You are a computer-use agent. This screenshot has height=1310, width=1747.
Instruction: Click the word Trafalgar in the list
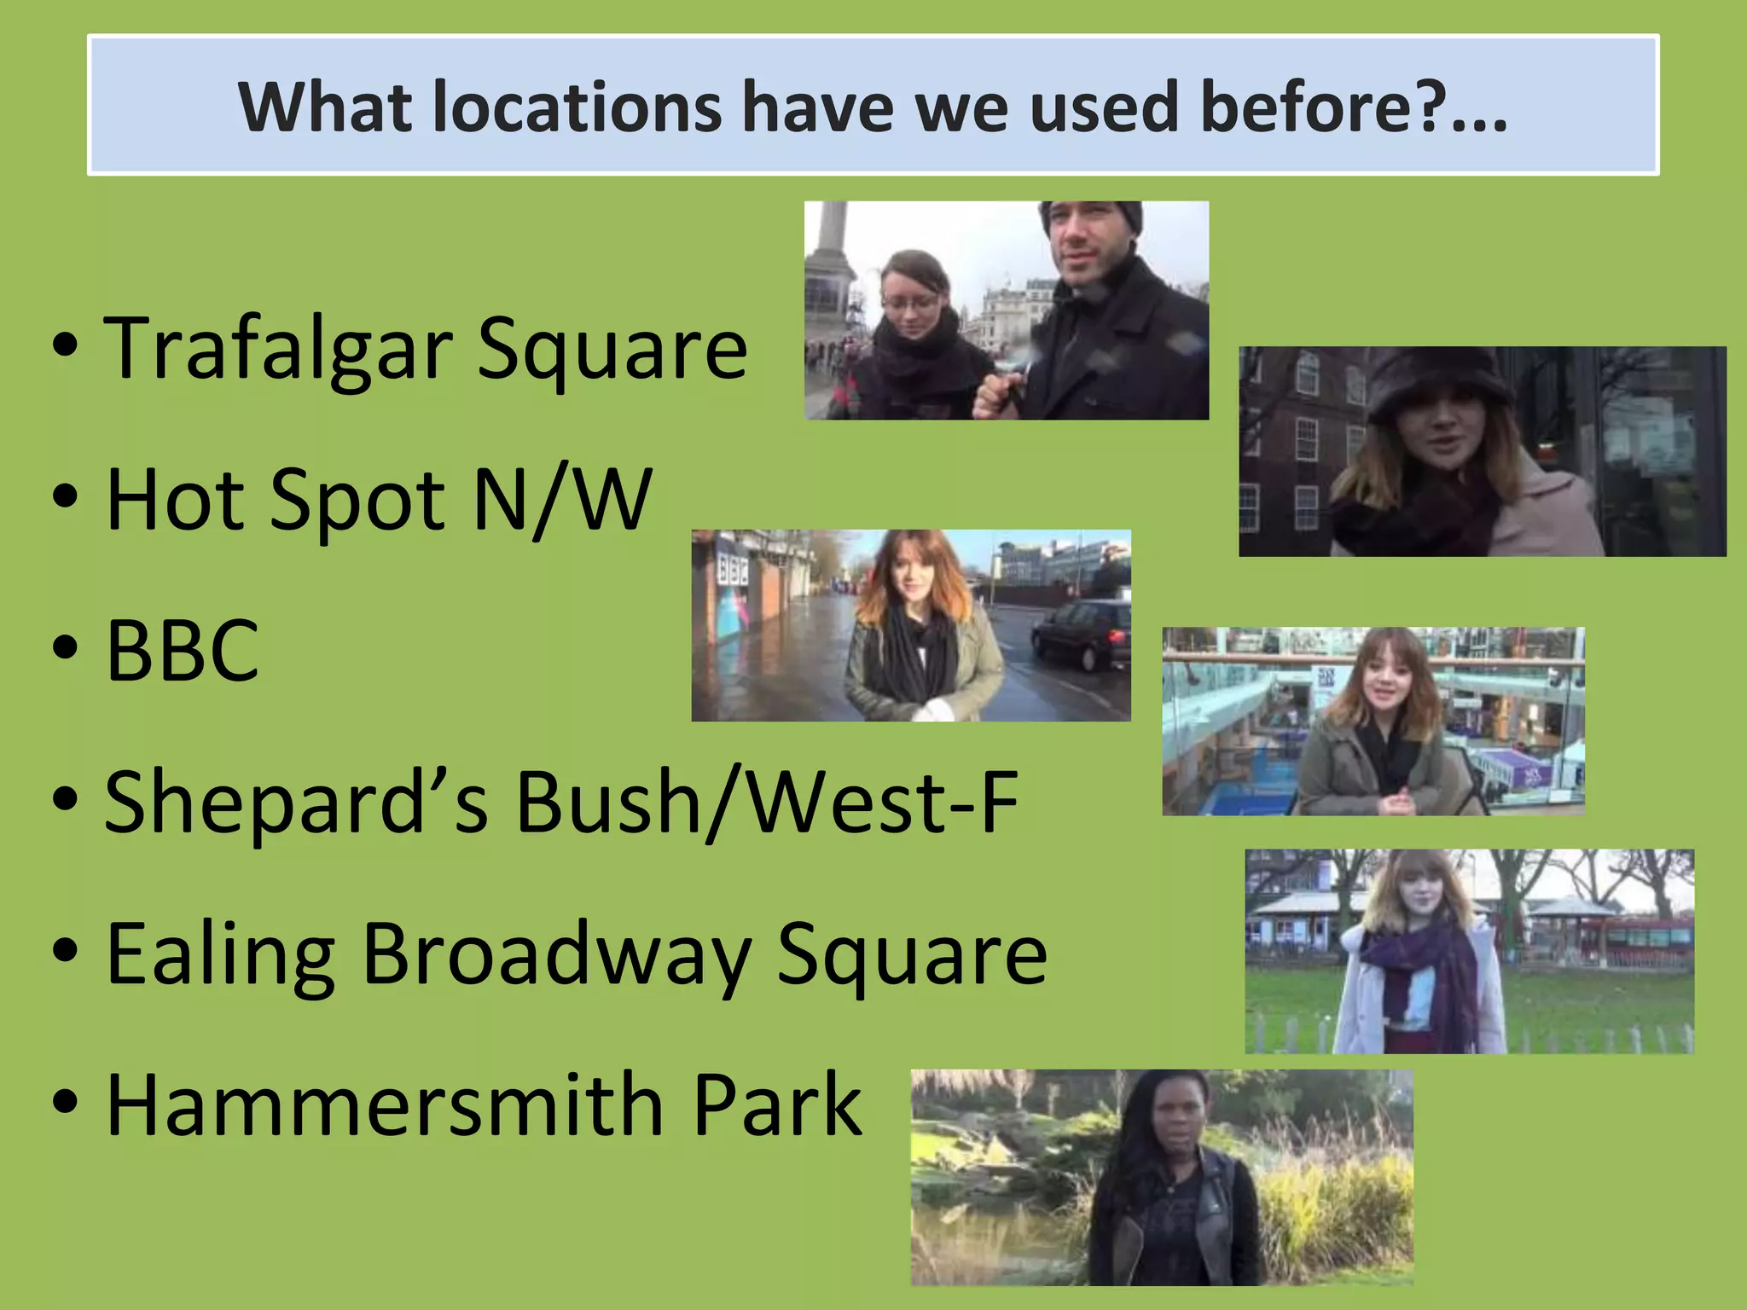[278, 348]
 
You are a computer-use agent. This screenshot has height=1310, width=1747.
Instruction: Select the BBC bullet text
[183, 650]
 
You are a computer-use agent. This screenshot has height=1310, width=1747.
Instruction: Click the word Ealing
[220, 955]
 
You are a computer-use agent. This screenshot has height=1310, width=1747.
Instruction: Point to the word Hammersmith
[385, 1105]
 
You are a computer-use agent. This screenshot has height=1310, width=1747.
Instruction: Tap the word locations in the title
[577, 107]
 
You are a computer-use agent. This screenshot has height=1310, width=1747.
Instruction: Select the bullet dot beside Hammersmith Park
[65, 1101]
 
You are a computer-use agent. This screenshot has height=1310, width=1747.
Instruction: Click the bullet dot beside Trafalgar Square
[65, 345]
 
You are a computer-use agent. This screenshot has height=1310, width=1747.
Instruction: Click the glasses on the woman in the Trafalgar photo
[910, 303]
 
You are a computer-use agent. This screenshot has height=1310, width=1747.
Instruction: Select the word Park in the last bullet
[777, 1105]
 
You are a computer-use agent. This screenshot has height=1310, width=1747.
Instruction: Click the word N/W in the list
[563, 500]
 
